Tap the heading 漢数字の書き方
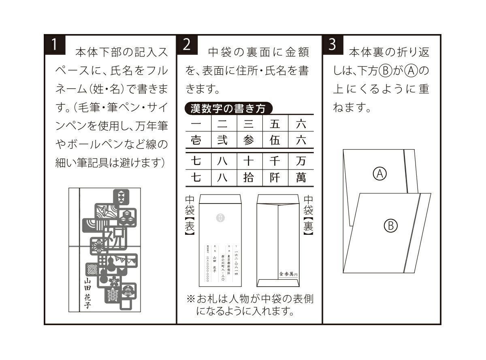pos(228,109)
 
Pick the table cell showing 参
pos(249,140)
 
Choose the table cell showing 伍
pos(275,140)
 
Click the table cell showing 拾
pos(249,178)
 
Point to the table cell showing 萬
pos(301,178)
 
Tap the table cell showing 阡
pos(275,178)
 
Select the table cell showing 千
pos(275,161)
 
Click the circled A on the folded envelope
pos(380,174)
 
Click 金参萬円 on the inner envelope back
pos(288,274)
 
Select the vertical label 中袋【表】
pos(190,215)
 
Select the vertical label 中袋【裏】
pos(308,215)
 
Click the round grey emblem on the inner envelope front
pos(220,218)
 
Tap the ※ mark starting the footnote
pos(191,300)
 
